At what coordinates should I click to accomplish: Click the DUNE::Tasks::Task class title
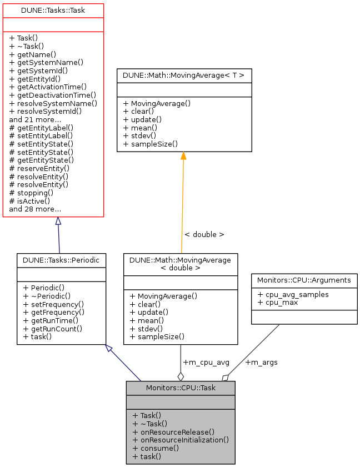click(53, 11)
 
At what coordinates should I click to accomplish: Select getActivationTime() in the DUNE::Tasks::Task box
click(48, 87)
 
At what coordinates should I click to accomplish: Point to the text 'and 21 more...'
click(36, 119)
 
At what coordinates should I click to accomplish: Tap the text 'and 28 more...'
click(36, 209)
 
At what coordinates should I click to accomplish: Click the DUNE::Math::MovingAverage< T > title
click(184, 75)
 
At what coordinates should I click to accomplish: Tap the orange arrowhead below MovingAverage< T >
click(183, 156)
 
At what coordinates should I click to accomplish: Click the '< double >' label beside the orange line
click(204, 235)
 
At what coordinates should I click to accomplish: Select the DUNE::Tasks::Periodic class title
click(61, 259)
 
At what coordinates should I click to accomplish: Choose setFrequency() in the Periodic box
click(53, 304)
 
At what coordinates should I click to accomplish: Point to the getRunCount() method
click(53, 328)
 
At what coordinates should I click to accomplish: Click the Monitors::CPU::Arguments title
click(304, 280)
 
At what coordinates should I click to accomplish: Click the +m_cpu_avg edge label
click(206, 363)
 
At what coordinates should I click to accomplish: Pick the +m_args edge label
click(261, 363)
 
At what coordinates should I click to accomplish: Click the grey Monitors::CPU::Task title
click(180, 388)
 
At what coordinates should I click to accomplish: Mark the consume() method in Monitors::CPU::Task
click(156, 448)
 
